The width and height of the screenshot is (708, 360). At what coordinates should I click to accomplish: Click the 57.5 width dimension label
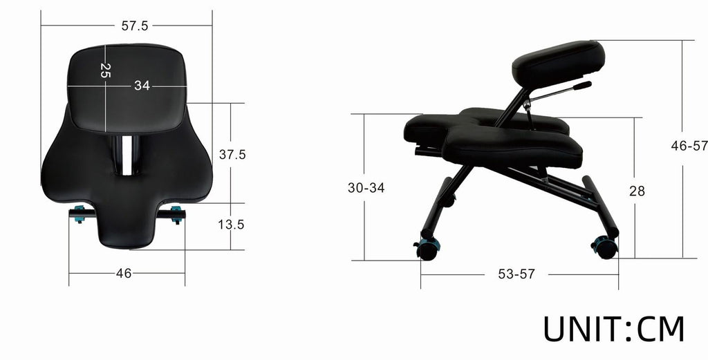click(135, 26)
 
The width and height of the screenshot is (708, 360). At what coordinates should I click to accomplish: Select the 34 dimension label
click(142, 86)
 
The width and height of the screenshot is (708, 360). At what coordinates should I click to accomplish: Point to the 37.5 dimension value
click(232, 155)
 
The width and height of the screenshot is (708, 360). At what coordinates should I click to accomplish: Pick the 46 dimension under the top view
click(124, 273)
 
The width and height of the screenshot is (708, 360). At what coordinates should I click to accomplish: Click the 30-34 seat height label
click(366, 187)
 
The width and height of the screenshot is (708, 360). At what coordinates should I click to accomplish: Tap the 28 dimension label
click(637, 191)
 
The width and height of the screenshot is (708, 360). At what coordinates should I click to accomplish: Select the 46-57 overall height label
click(689, 146)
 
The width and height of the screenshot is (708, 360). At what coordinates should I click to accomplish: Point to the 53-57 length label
click(516, 274)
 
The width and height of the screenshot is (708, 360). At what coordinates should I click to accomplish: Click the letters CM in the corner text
click(660, 328)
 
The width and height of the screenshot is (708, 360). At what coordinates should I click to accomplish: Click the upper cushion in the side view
click(559, 62)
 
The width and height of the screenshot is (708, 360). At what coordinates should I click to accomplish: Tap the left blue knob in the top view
click(80, 214)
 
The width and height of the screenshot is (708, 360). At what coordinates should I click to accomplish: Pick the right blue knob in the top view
click(176, 214)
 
